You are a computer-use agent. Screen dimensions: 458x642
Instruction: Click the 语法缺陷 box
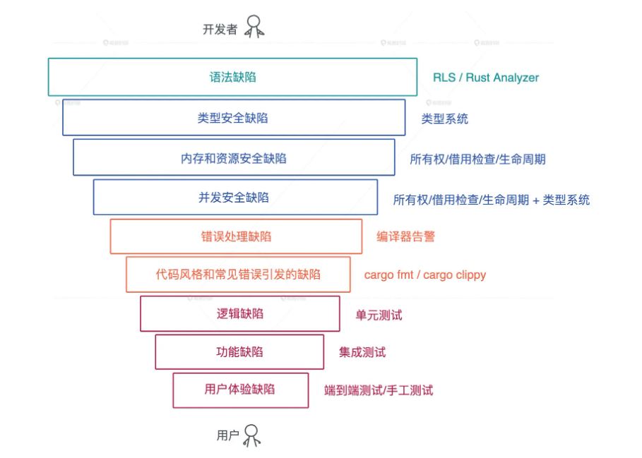coord(232,77)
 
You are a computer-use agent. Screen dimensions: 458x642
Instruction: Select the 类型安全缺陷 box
coord(233,117)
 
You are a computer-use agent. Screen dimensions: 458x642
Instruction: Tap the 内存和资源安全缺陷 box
coord(234,157)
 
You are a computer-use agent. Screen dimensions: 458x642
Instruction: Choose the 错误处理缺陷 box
coord(236,236)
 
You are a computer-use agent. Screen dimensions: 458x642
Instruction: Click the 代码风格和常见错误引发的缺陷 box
coord(238,275)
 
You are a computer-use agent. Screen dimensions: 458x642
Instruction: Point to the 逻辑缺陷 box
coord(240,313)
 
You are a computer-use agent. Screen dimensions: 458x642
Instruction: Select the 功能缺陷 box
coord(239,351)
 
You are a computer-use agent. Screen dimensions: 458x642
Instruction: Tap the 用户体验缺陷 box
coord(240,390)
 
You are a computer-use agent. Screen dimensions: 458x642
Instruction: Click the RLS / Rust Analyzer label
coord(486,78)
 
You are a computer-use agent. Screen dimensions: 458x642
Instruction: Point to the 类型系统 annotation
coord(445,119)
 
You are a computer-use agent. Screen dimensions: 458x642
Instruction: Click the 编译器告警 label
coord(406,236)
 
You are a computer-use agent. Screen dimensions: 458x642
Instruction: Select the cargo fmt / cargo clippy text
coord(425,275)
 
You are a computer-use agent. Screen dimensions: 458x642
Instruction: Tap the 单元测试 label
coord(379,315)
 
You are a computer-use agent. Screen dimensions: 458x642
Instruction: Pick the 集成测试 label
coord(362,352)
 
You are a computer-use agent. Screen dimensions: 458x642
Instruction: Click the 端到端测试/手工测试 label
coord(379,390)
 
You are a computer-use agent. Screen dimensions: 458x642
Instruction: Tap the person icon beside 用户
coord(251,435)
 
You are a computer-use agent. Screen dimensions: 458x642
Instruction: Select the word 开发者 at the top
coord(220,30)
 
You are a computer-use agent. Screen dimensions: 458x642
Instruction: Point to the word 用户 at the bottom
coord(227,435)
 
